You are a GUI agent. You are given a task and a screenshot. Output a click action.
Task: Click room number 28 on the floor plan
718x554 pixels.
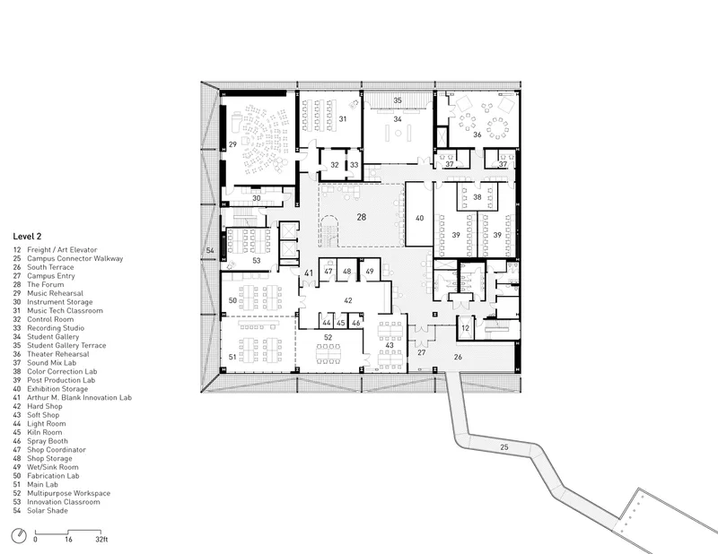point(362,217)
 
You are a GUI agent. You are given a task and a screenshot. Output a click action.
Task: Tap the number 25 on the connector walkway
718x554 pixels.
point(504,447)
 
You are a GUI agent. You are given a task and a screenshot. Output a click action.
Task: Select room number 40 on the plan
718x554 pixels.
point(419,218)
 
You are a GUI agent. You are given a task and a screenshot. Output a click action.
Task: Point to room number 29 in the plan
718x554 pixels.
point(232,144)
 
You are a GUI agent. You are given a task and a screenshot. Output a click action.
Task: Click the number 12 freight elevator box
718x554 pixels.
point(465,328)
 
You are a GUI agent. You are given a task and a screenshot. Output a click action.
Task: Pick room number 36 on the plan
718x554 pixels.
point(477,134)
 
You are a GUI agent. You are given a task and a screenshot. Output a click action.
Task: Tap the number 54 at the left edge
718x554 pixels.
point(210,250)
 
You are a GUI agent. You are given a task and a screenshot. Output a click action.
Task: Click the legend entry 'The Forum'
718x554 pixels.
point(46,284)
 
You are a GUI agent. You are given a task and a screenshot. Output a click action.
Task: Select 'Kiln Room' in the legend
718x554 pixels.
point(44,432)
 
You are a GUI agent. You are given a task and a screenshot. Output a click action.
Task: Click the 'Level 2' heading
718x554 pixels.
point(27,236)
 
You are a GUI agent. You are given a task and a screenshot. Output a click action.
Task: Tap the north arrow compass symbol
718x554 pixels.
point(19,536)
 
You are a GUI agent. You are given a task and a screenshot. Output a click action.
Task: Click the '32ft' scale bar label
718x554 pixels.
point(101,540)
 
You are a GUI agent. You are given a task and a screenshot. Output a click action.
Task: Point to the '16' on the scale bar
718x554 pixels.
point(68,540)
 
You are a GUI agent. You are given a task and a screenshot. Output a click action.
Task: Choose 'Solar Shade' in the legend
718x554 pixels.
point(48,511)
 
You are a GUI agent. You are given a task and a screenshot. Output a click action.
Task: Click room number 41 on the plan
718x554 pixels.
point(309,273)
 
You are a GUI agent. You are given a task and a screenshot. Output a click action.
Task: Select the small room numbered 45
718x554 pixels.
point(341,323)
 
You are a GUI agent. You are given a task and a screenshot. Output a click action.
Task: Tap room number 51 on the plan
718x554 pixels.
point(232,357)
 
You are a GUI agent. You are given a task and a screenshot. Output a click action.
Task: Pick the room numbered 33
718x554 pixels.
point(354,165)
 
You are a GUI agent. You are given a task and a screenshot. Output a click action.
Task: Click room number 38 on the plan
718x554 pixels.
point(477,197)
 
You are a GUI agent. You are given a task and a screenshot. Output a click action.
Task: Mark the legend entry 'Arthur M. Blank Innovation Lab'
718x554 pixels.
point(79,397)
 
